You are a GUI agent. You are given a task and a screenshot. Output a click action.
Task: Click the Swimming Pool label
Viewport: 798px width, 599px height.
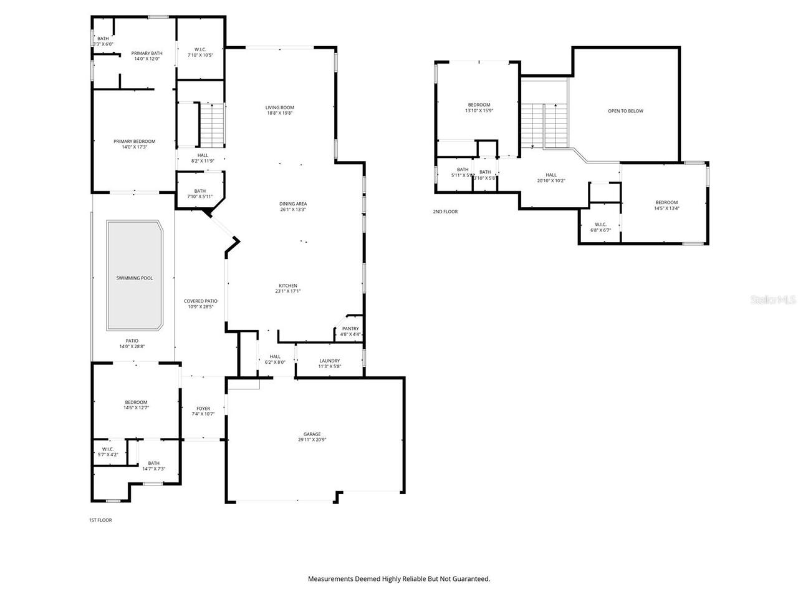pyautogui.click(x=134, y=278)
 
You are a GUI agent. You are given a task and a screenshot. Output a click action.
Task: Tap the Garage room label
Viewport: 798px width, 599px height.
pyautogui.click(x=312, y=434)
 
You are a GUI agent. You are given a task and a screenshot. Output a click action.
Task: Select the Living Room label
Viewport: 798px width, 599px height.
pyautogui.click(x=279, y=108)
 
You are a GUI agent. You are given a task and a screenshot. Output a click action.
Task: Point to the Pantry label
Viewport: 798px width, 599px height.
pyautogui.click(x=350, y=329)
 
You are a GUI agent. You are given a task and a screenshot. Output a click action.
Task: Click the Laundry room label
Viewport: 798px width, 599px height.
pyautogui.click(x=329, y=361)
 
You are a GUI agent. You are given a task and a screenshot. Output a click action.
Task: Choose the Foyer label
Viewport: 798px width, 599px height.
pyautogui.click(x=203, y=409)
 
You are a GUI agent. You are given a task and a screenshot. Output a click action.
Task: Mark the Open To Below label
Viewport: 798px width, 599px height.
pyautogui.click(x=625, y=111)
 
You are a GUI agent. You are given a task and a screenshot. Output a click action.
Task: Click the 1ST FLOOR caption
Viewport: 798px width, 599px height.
pyautogui.click(x=100, y=520)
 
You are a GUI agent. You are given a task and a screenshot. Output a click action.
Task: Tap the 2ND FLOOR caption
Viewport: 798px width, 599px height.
pyautogui.click(x=445, y=212)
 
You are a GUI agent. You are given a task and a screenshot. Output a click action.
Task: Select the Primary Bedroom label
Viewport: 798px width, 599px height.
pyautogui.click(x=134, y=142)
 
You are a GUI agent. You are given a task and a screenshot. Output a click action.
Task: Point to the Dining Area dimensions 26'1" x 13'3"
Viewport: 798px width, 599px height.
pyautogui.click(x=293, y=210)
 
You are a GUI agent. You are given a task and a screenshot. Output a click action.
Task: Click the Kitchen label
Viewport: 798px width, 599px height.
pyautogui.click(x=288, y=286)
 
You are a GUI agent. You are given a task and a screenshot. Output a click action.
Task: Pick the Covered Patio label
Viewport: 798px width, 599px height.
pyautogui.click(x=200, y=301)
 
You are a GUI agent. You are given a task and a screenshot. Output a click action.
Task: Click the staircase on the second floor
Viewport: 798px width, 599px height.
pyautogui.click(x=544, y=125)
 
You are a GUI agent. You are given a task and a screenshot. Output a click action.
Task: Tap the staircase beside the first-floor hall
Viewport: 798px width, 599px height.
pyautogui.click(x=211, y=123)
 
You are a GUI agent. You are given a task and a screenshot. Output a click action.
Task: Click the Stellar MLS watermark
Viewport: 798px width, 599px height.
pyautogui.click(x=773, y=300)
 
